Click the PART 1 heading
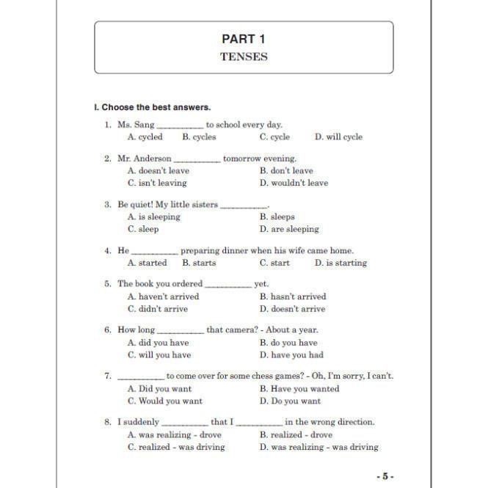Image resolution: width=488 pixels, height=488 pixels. point(244,39)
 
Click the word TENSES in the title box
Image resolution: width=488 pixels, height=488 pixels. point(244,57)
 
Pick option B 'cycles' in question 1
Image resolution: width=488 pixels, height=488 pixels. point(199,137)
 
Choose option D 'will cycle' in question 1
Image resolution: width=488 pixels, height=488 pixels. point(338,137)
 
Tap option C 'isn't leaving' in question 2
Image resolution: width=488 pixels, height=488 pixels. point(157,183)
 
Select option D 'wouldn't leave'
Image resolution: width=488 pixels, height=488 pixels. point(294,183)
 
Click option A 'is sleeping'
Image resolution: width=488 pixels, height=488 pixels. point(154,217)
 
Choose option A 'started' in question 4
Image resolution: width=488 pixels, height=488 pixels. point(148,263)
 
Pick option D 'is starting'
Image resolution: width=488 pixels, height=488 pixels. point(340,263)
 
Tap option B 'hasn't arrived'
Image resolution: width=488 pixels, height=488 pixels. point(293,296)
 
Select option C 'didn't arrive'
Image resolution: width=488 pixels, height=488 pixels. point(157,309)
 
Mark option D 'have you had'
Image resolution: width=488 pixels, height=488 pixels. point(291,355)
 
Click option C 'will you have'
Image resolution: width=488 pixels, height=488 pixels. point(159,355)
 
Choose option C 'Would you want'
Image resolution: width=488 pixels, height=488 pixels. point(164,401)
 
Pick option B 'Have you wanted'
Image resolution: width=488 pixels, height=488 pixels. point(299,389)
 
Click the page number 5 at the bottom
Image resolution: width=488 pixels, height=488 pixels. point(386,476)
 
